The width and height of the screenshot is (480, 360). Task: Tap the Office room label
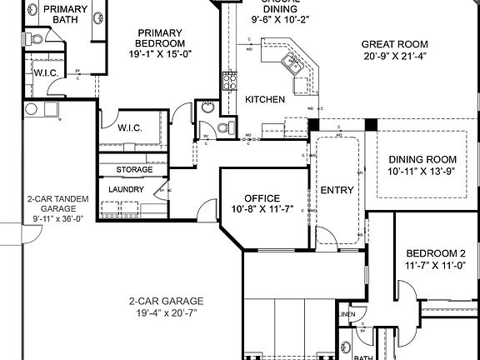pyautogui.click(x=262, y=198)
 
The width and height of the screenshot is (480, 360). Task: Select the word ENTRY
pyautogui.click(x=337, y=190)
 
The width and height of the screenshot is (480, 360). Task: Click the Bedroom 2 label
pyautogui.click(x=435, y=253)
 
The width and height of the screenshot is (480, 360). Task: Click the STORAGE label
pyautogui.click(x=134, y=170)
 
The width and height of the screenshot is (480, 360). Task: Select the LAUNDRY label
pyautogui.click(x=127, y=189)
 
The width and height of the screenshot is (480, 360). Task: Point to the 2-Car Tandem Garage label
pyautogui.click(x=52, y=205)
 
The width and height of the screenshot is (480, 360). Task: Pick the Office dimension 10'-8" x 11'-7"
pyautogui.click(x=262, y=210)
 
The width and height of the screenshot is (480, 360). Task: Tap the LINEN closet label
pyautogui.click(x=347, y=314)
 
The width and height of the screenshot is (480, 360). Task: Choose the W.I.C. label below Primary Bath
pyautogui.click(x=45, y=72)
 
